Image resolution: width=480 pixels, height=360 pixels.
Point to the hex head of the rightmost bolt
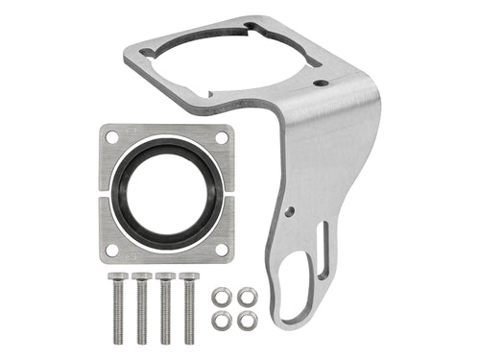[189, 277]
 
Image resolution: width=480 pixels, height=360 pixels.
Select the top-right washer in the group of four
[247, 296]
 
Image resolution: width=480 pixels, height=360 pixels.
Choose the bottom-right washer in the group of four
[247, 322]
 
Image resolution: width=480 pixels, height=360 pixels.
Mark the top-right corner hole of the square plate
[222, 138]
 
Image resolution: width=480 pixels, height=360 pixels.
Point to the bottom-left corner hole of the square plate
[112, 249]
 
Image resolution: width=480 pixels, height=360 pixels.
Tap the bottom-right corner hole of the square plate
[222, 249]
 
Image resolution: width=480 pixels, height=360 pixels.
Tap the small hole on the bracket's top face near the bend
[322, 84]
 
